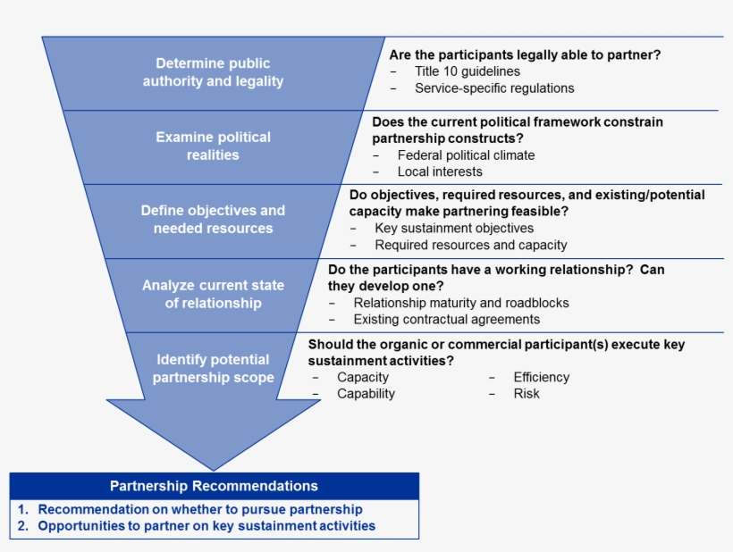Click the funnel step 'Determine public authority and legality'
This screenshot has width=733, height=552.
(x=213, y=72)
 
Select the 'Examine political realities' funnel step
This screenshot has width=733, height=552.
(x=213, y=146)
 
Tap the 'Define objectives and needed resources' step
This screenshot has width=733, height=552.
(x=213, y=220)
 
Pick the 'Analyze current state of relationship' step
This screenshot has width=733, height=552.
(x=213, y=294)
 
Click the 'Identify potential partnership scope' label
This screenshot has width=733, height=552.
(x=213, y=368)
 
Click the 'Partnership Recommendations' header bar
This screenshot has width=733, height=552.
(x=214, y=486)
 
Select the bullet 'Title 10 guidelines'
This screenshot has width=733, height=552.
(x=467, y=71)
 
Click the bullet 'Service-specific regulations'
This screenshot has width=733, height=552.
(x=494, y=88)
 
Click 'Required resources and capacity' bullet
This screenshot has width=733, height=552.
(x=470, y=245)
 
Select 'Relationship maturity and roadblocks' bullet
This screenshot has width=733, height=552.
(x=460, y=303)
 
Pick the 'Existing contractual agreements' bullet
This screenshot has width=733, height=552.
(x=446, y=319)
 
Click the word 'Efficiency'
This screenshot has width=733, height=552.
(x=541, y=377)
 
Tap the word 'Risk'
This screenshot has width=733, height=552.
(x=527, y=393)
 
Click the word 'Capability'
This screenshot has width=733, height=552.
(x=366, y=393)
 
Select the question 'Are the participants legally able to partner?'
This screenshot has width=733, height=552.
(x=525, y=54)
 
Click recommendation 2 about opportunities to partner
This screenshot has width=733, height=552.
(x=206, y=526)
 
